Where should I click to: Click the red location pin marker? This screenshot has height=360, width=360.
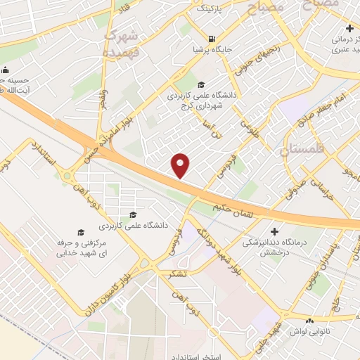coord(181,165)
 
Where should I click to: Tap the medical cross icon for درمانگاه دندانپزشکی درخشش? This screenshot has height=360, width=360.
coord(275,231)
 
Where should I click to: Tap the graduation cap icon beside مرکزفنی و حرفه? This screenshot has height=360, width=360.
coord(80,231)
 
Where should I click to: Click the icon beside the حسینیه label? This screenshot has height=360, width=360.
coord(6,70)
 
